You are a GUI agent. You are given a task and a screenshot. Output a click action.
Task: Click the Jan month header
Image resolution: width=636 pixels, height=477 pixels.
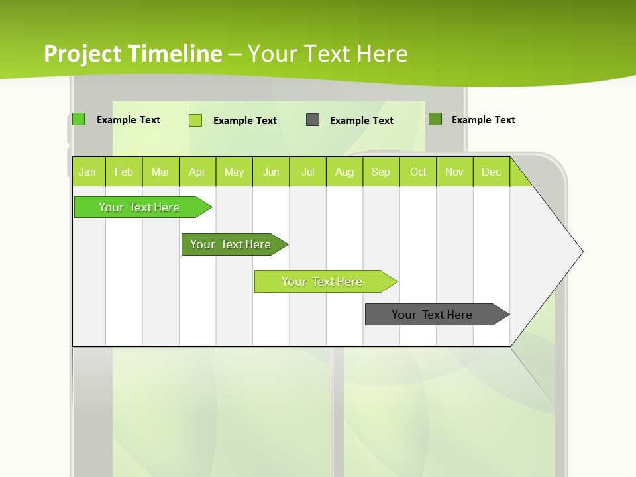click(87, 172)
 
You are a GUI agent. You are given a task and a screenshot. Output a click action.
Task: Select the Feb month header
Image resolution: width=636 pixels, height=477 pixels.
click(124, 172)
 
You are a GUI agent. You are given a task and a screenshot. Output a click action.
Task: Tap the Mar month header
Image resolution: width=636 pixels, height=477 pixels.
click(160, 172)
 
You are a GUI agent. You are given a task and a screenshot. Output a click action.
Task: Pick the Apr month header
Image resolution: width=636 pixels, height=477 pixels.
click(197, 172)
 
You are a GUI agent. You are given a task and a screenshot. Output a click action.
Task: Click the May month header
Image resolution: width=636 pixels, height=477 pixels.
click(234, 172)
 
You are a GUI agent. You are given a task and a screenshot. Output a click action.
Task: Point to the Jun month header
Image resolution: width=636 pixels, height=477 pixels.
click(271, 172)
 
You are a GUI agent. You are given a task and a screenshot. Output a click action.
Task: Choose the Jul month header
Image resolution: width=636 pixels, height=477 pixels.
click(307, 172)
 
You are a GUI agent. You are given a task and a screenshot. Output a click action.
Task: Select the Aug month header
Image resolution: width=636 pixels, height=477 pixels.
click(344, 172)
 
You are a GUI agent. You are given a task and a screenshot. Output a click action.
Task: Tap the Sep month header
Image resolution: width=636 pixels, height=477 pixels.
click(381, 172)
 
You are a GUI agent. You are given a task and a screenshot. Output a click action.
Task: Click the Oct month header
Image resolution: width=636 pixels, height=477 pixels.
click(418, 172)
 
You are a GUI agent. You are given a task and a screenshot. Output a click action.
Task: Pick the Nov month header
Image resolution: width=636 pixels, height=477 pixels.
click(454, 172)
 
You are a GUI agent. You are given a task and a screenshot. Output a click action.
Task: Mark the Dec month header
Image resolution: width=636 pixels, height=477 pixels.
click(492, 172)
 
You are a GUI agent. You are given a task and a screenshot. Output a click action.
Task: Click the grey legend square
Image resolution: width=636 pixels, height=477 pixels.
click(313, 120)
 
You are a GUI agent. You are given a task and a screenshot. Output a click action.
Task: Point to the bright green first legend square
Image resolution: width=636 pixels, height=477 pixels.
click(79, 119)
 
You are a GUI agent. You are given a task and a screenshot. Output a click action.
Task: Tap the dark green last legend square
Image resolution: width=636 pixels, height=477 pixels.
click(435, 119)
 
